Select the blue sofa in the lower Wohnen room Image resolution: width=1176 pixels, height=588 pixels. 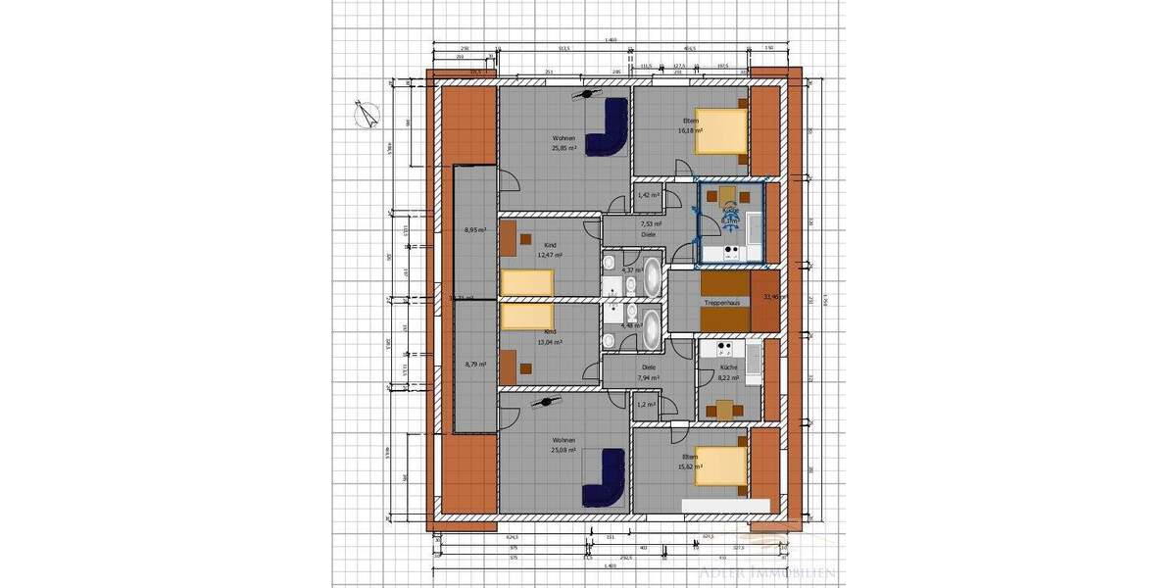[x=605, y=476]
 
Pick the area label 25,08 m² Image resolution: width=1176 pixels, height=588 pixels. [x=563, y=451]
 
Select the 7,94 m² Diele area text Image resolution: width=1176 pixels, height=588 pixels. [x=648, y=377]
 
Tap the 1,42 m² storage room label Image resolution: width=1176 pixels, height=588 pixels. [x=647, y=195]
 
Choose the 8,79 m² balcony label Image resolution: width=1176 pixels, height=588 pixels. [x=475, y=365]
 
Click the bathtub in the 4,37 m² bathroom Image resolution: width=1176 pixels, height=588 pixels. [x=652, y=280]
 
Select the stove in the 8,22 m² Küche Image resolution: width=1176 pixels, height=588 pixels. [x=726, y=349]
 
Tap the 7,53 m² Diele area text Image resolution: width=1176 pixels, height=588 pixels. [x=648, y=224]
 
